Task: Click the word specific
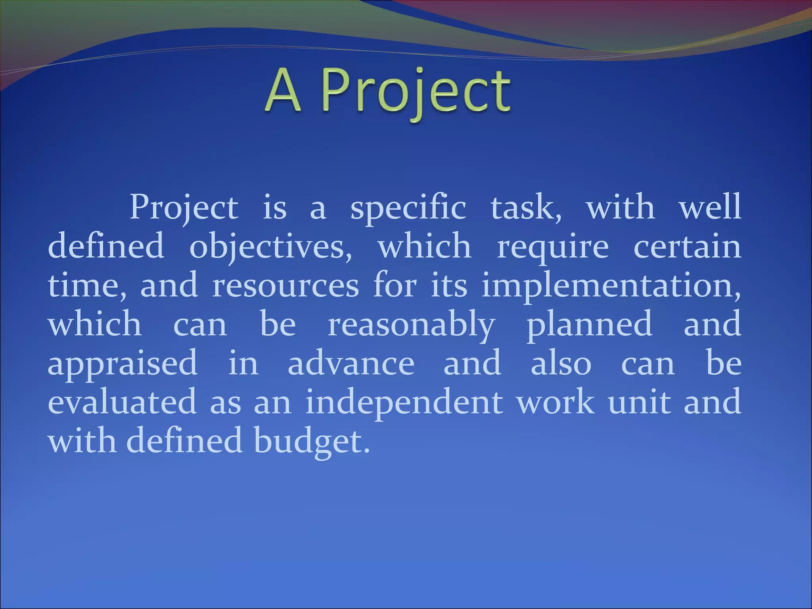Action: (408, 208)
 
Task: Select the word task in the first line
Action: (525, 208)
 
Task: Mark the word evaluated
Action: (122, 401)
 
